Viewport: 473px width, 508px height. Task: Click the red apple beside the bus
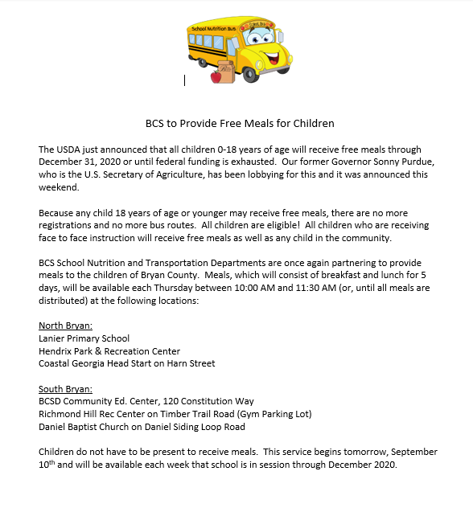(216, 77)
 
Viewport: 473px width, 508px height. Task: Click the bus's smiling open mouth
(275, 59)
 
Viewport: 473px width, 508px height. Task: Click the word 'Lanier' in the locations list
(52, 338)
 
